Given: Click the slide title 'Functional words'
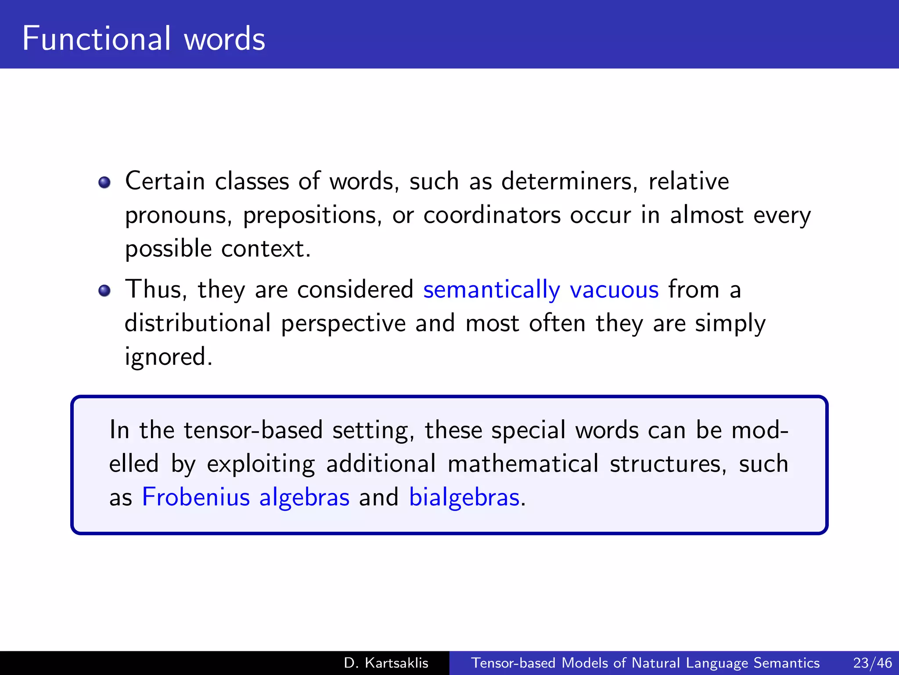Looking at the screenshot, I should (144, 39).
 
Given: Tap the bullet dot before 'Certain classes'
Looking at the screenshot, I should (104, 182).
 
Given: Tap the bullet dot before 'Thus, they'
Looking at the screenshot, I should (104, 290).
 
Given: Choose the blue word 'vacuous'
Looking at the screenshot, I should (614, 290).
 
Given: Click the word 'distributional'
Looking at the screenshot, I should (198, 323).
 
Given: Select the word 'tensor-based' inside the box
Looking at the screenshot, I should (253, 430).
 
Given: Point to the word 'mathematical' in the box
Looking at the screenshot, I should (523, 464).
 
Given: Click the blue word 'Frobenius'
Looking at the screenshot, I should (196, 497).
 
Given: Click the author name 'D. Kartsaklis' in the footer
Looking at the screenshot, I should (386, 663).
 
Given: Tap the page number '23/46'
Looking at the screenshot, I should (872, 663).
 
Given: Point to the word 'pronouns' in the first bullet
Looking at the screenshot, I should (176, 216).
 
